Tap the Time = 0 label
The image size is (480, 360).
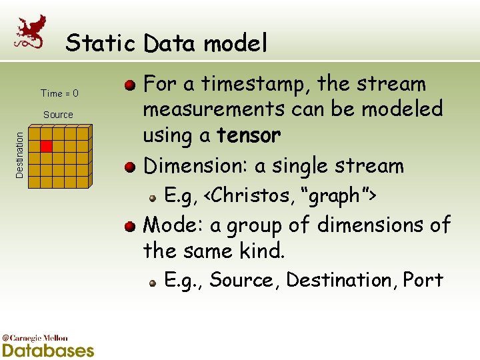point(59,93)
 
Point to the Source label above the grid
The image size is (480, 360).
point(58,115)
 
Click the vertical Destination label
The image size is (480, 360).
point(20,154)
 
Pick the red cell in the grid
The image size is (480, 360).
point(46,146)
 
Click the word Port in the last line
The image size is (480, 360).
point(423,279)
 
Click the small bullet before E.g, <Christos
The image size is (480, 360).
point(153,197)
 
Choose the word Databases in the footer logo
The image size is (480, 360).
point(48,350)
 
